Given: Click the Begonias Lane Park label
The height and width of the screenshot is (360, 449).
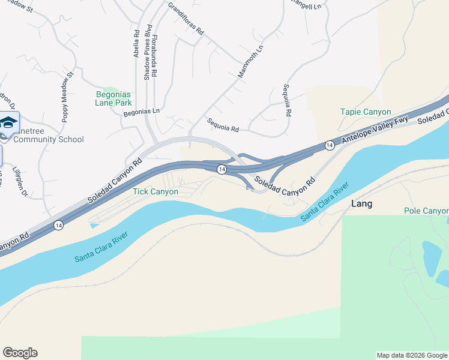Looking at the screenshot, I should [x=113, y=98].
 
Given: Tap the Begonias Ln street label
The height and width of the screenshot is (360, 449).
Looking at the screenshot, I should [x=142, y=112].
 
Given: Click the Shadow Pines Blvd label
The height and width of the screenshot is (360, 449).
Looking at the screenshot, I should [x=146, y=53].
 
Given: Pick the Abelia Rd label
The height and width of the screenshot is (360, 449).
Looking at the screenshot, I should [x=136, y=44].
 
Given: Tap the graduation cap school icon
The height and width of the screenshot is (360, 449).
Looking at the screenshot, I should [x=8, y=124].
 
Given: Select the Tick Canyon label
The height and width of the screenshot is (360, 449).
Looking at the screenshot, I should [x=155, y=192].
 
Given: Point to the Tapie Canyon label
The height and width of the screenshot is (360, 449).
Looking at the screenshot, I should [x=366, y=112].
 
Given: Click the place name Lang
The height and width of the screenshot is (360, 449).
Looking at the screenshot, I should [x=361, y=204].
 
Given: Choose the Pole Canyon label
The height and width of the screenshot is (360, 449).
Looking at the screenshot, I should [x=426, y=211].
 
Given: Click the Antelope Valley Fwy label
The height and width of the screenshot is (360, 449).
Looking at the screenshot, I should [x=375, y=130].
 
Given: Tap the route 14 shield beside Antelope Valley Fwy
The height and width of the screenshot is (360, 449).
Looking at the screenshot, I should [x=330, y=145].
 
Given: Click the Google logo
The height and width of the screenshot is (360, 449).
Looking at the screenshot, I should [x=20, y=353].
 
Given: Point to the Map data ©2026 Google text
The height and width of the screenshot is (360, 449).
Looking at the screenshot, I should [x=412, y=355].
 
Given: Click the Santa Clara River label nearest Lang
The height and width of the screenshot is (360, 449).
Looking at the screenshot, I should [x=325, y=203].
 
